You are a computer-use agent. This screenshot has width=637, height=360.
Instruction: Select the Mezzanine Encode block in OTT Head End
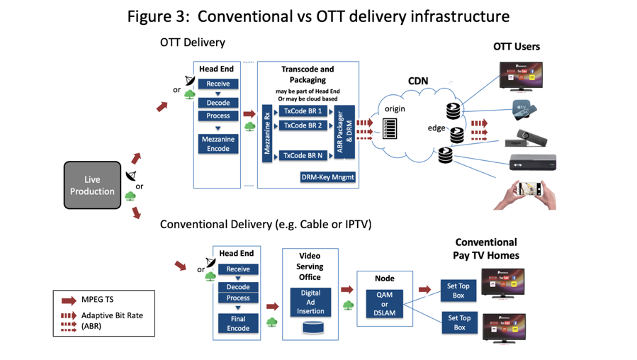(x=218, y=144)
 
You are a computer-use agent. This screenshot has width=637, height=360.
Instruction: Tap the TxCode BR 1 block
(x=303, y=111)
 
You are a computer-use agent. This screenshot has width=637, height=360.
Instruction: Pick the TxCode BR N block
(x=303, y=155)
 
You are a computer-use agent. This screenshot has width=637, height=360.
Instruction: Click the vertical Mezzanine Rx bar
(x=267, y=133)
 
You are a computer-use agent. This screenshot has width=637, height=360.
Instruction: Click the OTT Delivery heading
(x=192, y=43)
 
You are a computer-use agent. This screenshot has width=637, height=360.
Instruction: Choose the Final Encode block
(x=238, y=323)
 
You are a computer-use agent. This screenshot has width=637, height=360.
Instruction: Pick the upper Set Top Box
(x=460, y=289)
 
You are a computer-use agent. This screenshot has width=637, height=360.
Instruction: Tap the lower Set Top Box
(x=460, y=322)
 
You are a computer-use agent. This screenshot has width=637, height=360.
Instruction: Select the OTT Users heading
(x=517, y=47)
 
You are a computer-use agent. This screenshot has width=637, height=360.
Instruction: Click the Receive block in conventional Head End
(x=238, y=269)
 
